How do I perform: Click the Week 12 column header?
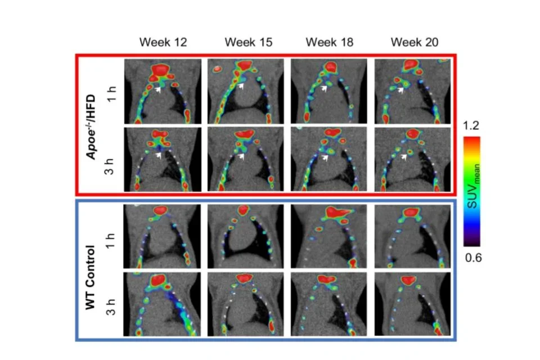163,42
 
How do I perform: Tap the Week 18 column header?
330,42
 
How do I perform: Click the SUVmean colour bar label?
490,191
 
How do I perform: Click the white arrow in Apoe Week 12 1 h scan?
159,89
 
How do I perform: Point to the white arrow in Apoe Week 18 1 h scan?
324,88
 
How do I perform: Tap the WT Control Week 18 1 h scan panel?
329,236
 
